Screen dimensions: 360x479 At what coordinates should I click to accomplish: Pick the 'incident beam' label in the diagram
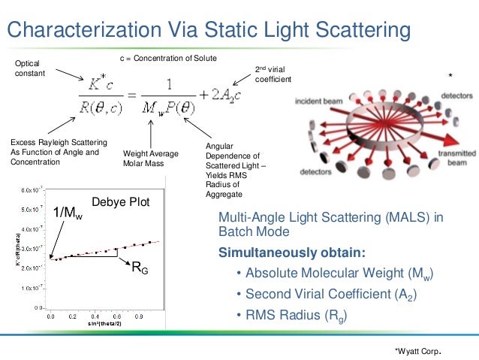tap(319, 100)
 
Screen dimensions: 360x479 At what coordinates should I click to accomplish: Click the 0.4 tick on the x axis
tap(95, 316)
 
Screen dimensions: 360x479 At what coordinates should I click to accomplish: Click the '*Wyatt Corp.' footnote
tap(417, 350)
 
